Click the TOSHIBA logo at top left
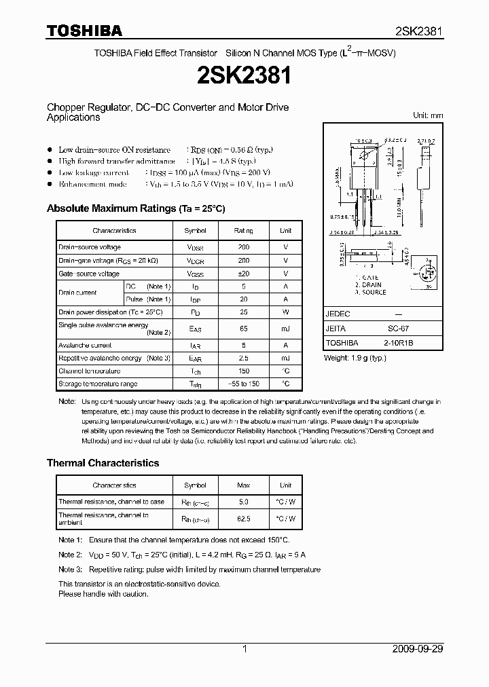tap(84, 31)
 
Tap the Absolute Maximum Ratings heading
tap(135, 208)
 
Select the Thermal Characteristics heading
tap(103, 463)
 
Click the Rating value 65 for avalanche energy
tap(244, 329)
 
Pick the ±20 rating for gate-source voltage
tap(244, 274)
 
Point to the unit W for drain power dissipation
tap(286, 312)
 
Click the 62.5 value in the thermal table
tap(244, 519)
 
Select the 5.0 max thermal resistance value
tap(244, 502)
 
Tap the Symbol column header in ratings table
tap(196, 231)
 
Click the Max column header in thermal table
tap(244, 485)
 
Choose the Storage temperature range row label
tap(98, 384)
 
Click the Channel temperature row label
tap(90, 371)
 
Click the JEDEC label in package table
tap(338, 315)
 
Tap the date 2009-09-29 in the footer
tap(418, 649)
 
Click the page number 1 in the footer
tap(244, 649)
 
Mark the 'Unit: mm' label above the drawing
tap(428, 115)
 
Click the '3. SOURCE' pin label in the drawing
tap(370, 293)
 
